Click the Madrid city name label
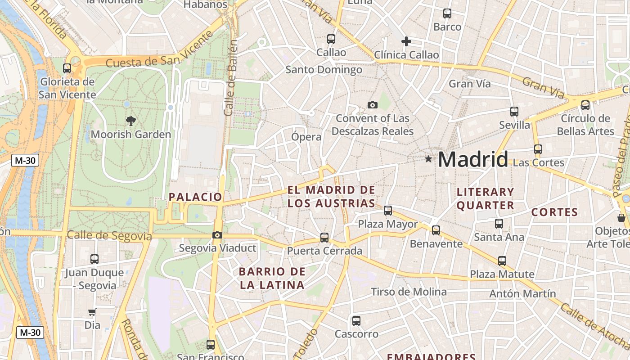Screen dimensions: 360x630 [472, 160]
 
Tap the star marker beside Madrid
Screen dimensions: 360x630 [428, 159]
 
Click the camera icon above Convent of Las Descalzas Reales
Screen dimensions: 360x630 [373, 105]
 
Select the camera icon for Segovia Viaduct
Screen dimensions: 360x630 [217, 235]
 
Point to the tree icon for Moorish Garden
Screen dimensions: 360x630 [131, 121]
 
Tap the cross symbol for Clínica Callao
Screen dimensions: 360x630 [406, 41]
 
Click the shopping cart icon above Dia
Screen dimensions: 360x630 [92, 312]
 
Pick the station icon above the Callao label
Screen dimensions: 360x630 [331, 39]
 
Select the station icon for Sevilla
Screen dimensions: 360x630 [514, 112]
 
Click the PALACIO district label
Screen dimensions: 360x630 [195, 197]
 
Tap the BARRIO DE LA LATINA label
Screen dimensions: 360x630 [272, 278]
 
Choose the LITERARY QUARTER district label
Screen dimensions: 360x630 [485, 198]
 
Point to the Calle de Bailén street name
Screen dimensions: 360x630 [231, 77]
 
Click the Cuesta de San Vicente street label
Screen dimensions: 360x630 [159, 50]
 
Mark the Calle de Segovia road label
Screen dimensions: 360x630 [109, 235]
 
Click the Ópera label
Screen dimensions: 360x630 [306, 137]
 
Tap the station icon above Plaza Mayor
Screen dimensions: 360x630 [388, 210]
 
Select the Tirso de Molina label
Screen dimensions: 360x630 [409, 292]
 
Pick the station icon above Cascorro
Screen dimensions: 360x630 [356, 321]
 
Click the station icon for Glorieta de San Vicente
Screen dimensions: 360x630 [67, 68]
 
